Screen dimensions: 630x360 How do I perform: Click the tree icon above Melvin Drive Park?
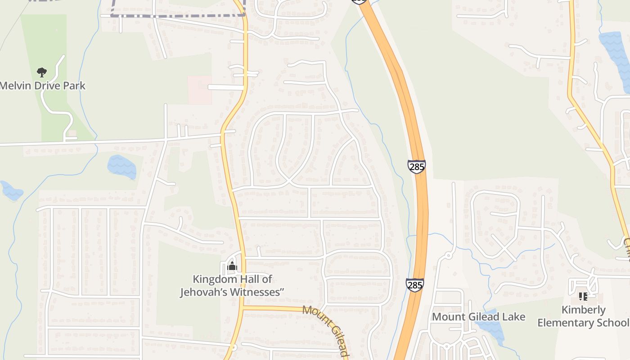coord(42,72)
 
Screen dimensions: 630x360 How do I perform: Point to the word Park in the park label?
coord(74,85)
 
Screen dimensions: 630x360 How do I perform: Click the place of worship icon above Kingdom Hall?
coord(232,266)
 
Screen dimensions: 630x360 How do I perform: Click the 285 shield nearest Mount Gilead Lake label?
coord(414,285)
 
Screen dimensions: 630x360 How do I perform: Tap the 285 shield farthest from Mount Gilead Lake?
coord(417,166)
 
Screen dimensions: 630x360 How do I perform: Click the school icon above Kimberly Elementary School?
coord(583,297)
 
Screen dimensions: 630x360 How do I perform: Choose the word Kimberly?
coord(584,310)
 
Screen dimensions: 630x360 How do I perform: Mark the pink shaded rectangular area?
coord(199,90)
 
